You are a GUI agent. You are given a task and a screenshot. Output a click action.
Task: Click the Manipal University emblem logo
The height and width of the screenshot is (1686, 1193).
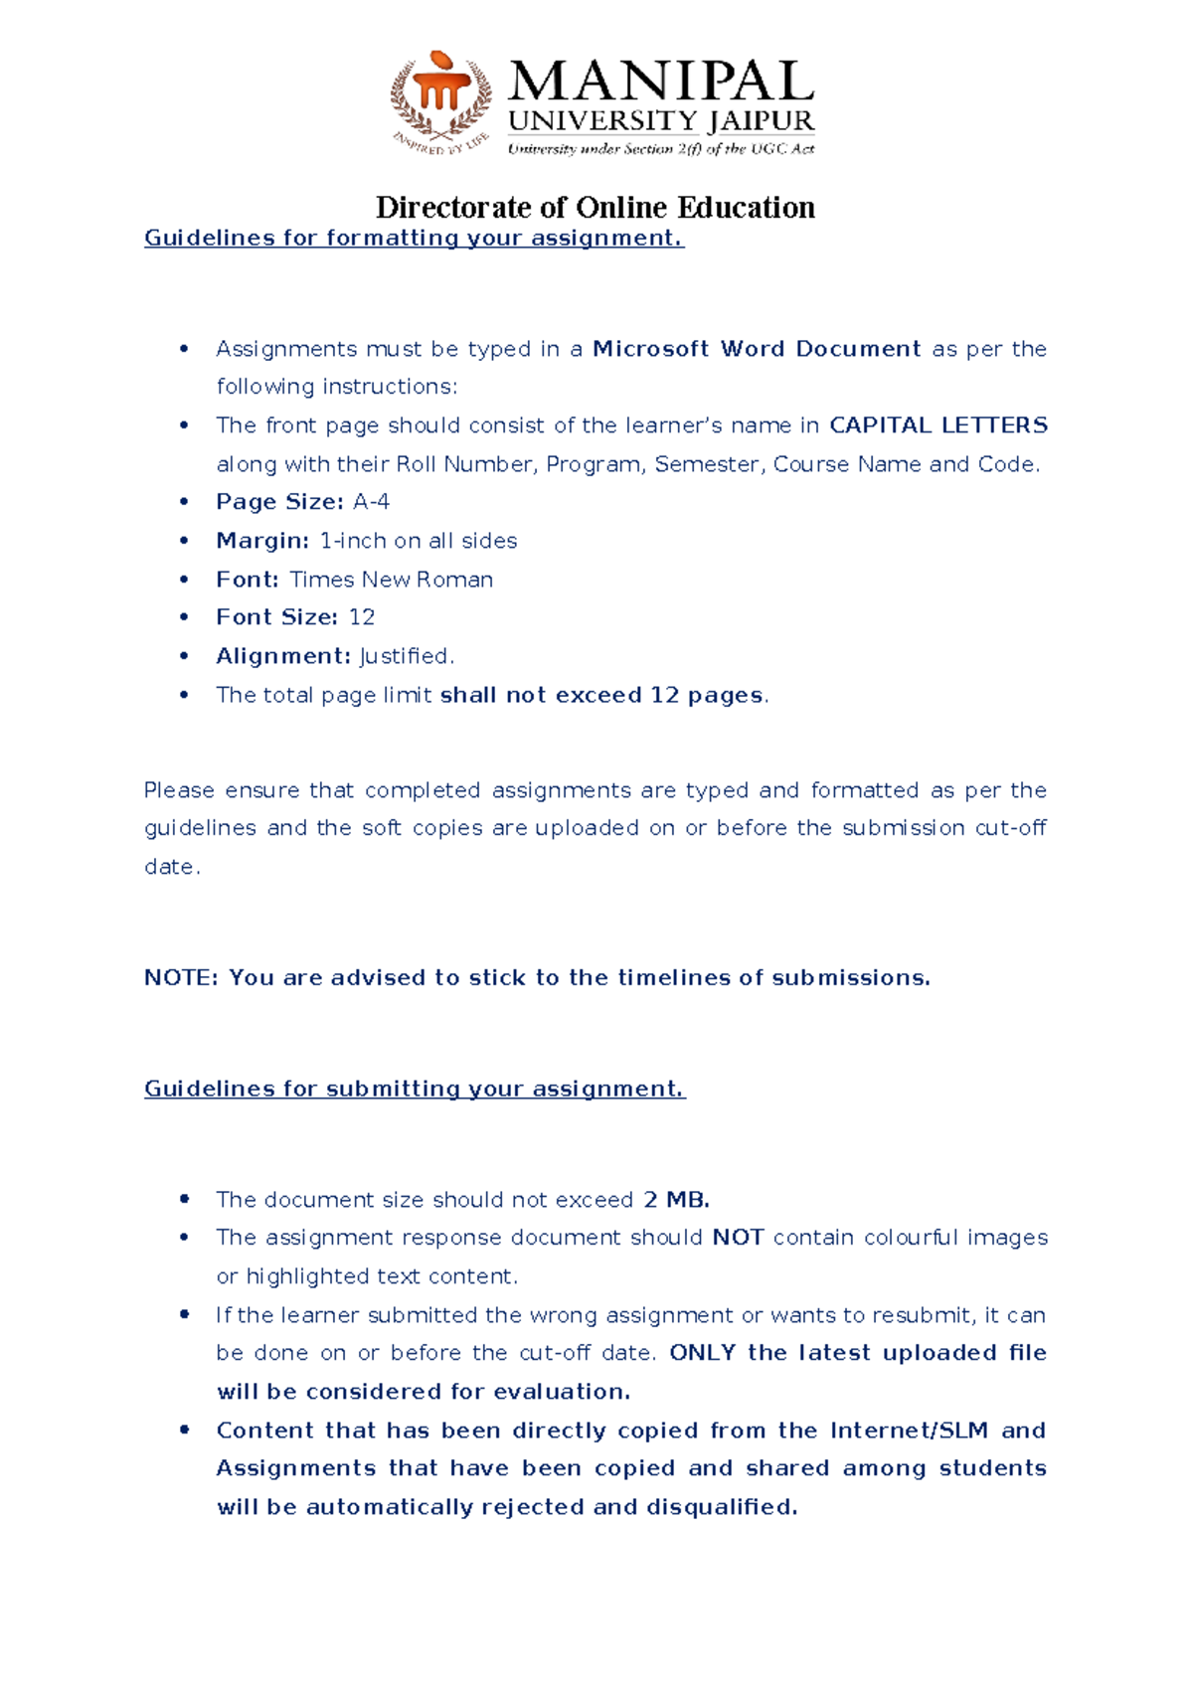(440, 102)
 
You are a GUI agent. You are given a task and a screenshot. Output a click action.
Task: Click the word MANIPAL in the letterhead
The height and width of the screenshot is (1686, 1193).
(661, 82)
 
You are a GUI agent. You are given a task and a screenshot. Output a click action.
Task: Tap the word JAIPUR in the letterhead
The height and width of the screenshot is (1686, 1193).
(761, 121)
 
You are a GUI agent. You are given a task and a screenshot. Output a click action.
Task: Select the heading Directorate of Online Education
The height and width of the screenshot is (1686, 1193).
(595, 208)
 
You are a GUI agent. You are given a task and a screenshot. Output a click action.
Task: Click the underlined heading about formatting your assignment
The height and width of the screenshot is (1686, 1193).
(414, 239)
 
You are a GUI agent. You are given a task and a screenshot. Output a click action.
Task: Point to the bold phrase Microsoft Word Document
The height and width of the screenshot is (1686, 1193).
(757, 349)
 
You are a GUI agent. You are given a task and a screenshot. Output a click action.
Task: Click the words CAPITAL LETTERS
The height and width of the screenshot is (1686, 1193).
(937, 425)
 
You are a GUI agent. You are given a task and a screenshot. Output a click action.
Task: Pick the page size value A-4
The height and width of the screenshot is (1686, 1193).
(371, 502)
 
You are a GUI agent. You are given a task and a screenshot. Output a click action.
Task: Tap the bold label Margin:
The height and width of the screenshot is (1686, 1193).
(262, 541)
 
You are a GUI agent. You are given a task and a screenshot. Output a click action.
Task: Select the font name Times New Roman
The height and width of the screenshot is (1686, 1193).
(391, 580)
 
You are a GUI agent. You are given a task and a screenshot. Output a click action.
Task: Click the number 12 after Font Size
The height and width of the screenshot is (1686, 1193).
(362, 617)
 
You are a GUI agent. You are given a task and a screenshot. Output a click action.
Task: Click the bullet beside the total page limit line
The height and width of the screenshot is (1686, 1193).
(184, 695)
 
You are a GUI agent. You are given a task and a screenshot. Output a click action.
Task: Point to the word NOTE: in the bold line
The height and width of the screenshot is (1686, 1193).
(180, 978)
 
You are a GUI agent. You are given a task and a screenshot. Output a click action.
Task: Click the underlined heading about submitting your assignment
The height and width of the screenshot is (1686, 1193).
(415, 1090)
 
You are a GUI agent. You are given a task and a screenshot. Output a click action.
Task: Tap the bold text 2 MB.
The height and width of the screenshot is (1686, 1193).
(676, 1200)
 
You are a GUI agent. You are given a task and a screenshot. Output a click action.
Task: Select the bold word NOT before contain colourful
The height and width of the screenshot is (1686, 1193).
(738, 1238)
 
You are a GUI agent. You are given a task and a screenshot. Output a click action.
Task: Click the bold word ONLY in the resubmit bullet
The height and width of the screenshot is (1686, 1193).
(702, 1353)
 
